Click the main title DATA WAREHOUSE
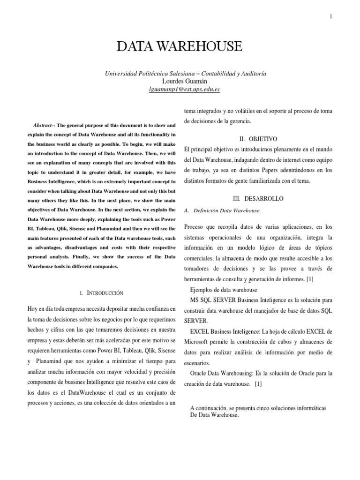pos(180,46)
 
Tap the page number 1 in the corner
pos(331,17)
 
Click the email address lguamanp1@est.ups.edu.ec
pos(180,89)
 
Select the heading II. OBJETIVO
pos(258,139)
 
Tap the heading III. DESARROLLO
pos(258,199)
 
